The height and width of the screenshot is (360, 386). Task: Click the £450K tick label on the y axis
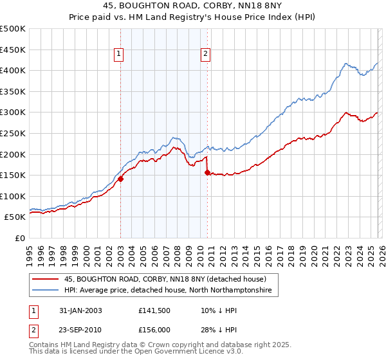13,50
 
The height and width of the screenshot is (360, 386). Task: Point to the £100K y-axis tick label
13,196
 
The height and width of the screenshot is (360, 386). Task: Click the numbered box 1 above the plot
120,55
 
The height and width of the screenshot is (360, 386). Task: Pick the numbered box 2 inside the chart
205,55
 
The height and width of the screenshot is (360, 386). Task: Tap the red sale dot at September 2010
207,172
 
